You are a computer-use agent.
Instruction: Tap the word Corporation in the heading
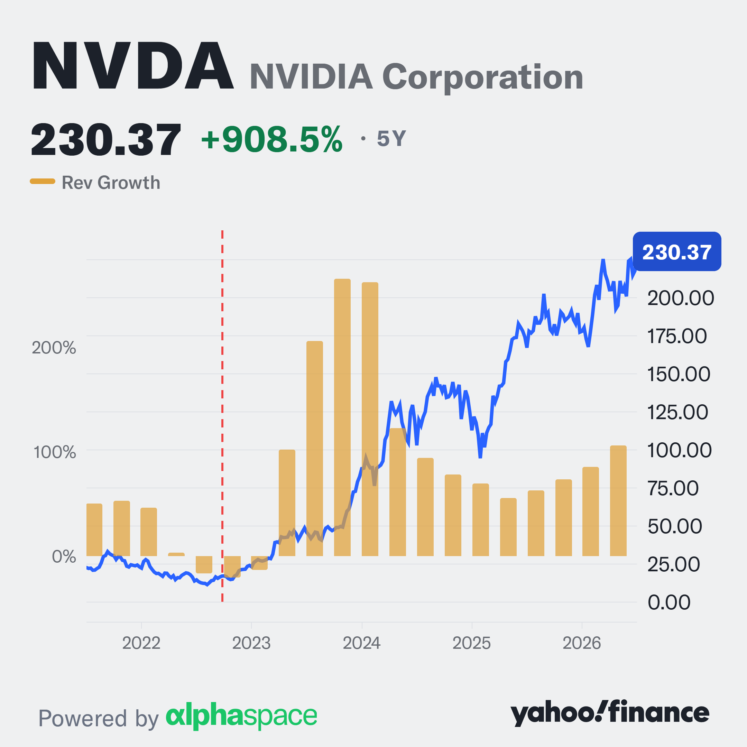pyautogui.click(x=482, y=77)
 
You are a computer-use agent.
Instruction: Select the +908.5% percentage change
pyautogui.click(x=272, y=139)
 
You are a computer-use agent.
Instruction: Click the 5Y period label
pyautogui.click(x=391, y=138)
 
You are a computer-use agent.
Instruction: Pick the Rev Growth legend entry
pyautogui.click(x=95, y=183)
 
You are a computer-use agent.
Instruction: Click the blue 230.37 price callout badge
pyautogui.click(x=677, y=252)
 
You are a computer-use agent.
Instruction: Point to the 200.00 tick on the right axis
pyautogui.click(x=681, y=298)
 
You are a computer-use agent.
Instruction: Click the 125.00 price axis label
pyautogui.click(x=678, y=412)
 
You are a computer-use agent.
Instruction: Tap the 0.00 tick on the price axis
pyautogui.click(x=669, y=602)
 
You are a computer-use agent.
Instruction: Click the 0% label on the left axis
pyautogui.click(x=64, y=556)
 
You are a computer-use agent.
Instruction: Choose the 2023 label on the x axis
pyautogui.click(x=251, y=643)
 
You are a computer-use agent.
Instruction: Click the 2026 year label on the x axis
pyautogui.click(x=582, y=643)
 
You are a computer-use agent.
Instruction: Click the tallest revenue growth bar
pyautogui.click(x=342, y=417)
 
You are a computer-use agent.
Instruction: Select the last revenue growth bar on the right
pyautogui.click(x=618, y=501)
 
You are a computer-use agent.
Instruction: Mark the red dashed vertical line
pyautogui.click(x=222, y=416)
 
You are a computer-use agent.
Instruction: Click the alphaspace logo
pyautogui.click(x=242, y=716)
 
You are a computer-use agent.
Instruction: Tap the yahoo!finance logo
pyautogui.click(x=610, y=712)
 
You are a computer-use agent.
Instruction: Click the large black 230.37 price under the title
pyautogui.click(x=106, y=139)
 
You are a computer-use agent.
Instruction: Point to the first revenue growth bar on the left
pyautogui.click(x=94, y=530)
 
